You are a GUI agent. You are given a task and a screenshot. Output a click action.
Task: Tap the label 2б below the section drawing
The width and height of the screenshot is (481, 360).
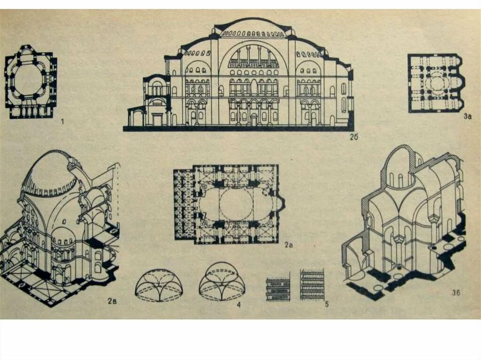pos(354,137)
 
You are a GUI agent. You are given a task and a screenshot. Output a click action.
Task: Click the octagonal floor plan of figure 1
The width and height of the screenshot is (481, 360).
pos(31,82)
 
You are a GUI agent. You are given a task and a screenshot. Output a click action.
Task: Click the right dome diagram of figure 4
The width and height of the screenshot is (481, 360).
pos(222,282)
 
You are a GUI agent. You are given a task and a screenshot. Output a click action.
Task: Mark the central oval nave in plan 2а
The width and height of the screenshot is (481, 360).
pos(235,204)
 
